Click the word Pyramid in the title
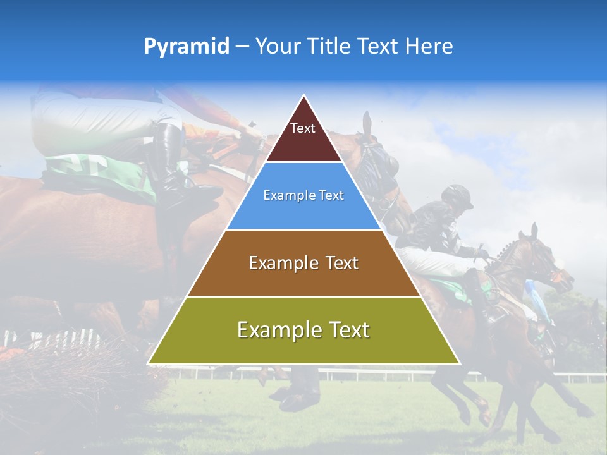pyautogui.click(x=186, y=47)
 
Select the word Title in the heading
pyautogui.click(x=330, y=47)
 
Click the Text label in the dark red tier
pyautogui.click(x=303, y=128)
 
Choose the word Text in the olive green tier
pyautogui.click(x=348, y=330)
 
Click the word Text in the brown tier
pyautogui.click(x=340, y=263)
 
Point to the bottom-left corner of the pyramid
pyautogui.click(x=148, y=364)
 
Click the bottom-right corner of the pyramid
pyautogui.click(x=460, y=364)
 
